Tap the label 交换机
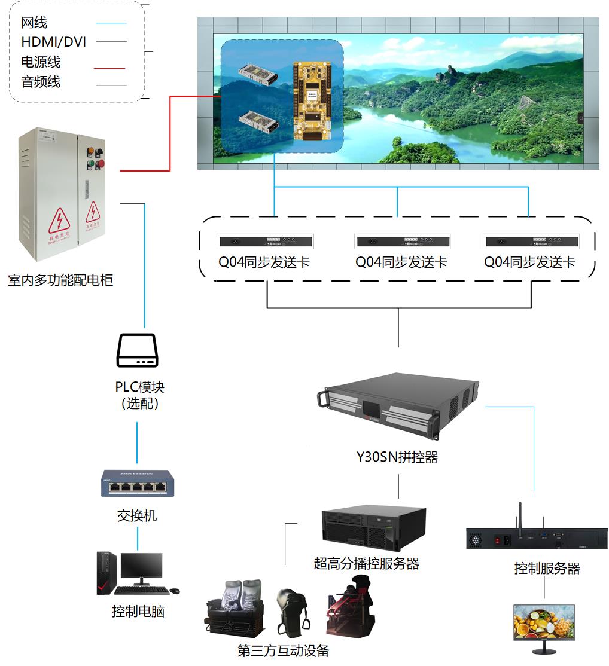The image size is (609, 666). click(137, 515)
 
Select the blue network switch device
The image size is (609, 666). click(137, 483)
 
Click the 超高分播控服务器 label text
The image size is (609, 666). click(366, 563)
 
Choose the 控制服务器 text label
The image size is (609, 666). click(547, 568)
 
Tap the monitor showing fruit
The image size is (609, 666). click(544, 622)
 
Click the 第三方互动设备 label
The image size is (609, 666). click(284, 650)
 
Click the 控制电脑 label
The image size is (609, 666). click(138, 612)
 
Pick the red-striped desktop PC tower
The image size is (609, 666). click(106, 573)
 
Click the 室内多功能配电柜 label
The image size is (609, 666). click(60, 280)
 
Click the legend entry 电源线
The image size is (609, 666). click(41, 62)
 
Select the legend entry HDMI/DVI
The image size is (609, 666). click(53, 42)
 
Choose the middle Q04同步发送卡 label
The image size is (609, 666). click(401, 262)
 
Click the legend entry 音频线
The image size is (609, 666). click(41, 82)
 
